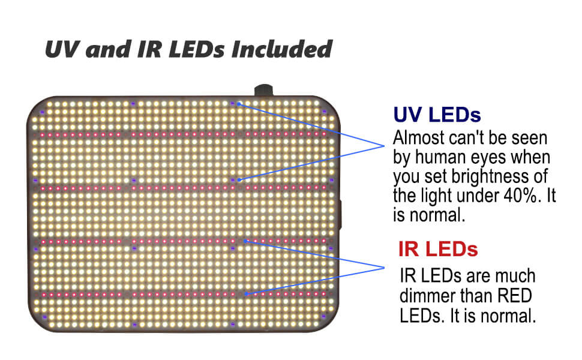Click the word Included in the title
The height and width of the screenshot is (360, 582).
(282, 49)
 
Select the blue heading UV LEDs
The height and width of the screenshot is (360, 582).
(437, 115)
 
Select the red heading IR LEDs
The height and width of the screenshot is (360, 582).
(438, 249)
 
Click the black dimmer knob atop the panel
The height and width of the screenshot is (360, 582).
(263, 90)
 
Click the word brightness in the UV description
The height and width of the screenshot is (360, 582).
(490, 176)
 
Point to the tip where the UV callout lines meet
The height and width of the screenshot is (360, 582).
(384, 146)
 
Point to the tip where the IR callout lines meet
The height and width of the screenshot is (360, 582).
(384, 268)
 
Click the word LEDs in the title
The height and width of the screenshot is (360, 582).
(197, 49)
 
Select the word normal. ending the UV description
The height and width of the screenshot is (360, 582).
(437, 215)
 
